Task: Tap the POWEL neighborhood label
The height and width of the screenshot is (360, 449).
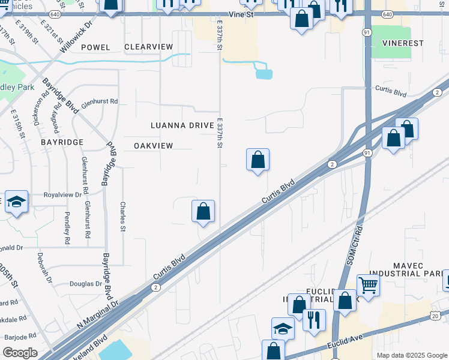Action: pos(95,47)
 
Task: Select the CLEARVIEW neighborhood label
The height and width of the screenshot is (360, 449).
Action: pos(148,47)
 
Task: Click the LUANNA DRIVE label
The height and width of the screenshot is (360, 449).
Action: pos(182,125)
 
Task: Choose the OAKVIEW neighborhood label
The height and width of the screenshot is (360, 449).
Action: pos(153,146)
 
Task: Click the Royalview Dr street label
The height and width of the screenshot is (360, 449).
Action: pos(62,195)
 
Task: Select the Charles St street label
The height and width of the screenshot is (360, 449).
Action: pos(123,216)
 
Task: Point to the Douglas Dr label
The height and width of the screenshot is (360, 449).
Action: pos(86,284)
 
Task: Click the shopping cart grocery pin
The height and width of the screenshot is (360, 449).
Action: pos(368,285)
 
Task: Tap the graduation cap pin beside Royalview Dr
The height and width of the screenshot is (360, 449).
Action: pos(16,202)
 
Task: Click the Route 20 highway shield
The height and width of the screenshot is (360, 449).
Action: pos(435,316)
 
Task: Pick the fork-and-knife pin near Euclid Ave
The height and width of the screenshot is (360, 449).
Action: pos(313,320)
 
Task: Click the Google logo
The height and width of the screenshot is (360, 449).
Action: pos(20,353)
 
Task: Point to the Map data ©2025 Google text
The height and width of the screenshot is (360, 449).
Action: pos(411,355)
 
